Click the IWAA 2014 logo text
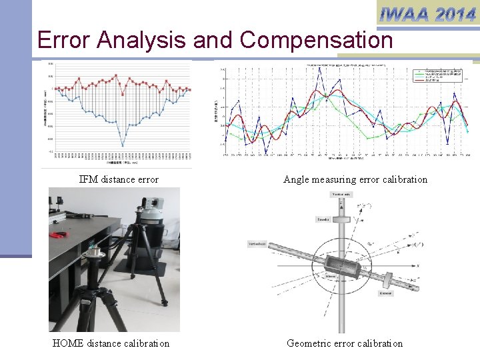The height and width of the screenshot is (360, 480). point(427,13)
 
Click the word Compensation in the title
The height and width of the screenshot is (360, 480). point(317,41)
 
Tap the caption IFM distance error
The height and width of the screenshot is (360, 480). point(119,179)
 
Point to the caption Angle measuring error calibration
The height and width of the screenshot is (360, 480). point(355,179)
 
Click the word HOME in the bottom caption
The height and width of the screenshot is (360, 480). point(67,343)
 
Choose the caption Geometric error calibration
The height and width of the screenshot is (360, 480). point(345,343)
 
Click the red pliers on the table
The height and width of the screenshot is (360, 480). point(59,235)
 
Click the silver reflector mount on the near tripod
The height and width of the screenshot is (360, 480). point(94,253)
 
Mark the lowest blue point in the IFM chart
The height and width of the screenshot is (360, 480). point(123,145)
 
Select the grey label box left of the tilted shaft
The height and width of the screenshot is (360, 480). point(257,245)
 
